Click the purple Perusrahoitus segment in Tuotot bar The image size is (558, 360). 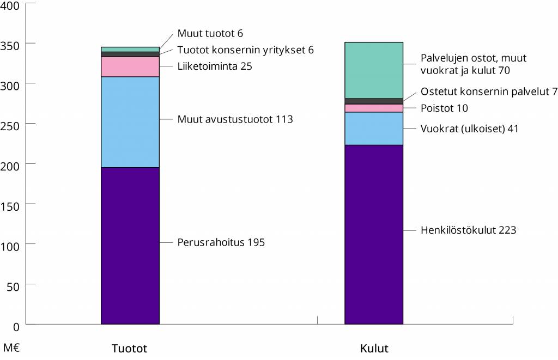130,245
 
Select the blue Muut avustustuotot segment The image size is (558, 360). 130,122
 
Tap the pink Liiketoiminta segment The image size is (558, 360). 130,66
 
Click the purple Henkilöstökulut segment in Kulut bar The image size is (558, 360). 374,234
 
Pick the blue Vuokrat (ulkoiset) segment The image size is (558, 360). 374,129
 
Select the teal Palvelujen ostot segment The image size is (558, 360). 374,70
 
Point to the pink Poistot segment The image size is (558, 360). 374,108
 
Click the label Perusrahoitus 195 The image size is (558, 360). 221,242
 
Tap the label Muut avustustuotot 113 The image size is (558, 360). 235,119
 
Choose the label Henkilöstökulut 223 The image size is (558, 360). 468,230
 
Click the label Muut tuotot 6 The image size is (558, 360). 210,34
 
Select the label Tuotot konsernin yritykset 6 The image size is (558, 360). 245,50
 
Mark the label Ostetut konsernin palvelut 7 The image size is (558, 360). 489,91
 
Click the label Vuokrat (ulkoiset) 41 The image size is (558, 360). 469,129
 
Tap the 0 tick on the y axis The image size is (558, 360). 16,326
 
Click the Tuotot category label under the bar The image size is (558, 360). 129,349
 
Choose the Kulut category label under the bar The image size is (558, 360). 374,349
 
